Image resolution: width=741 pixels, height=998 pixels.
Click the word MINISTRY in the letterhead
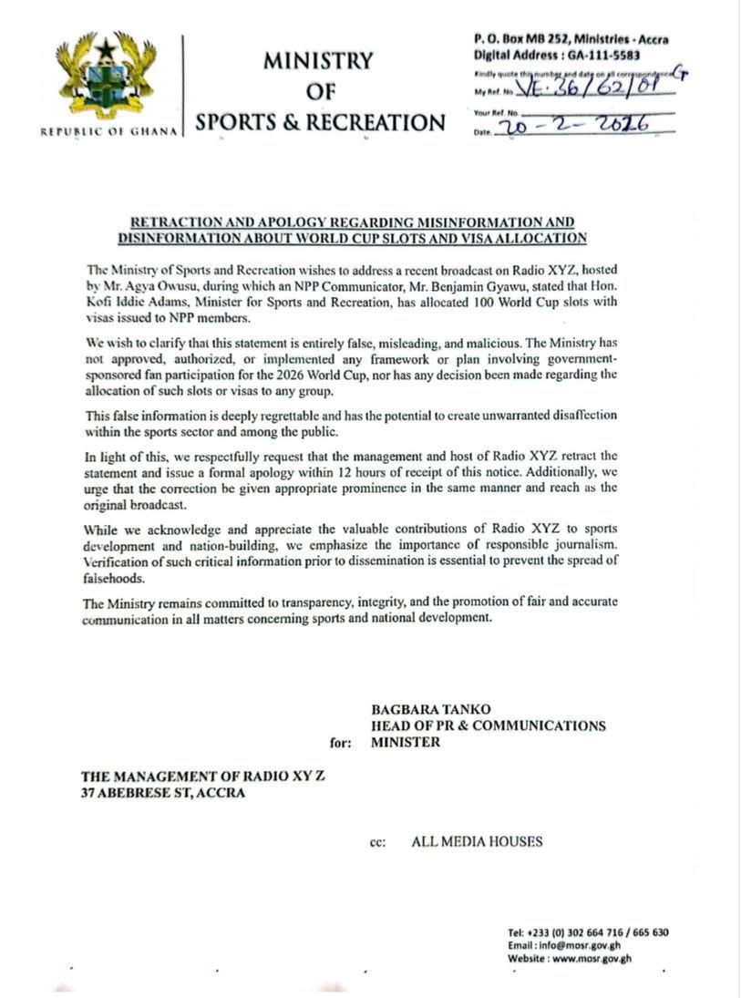pyautogui.click(x=318, y=62)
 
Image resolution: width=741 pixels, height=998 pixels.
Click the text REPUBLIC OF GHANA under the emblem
pyautogui.click(x=108, y=131)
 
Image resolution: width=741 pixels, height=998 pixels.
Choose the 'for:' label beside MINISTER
pyautogui.click(x=341, y=743)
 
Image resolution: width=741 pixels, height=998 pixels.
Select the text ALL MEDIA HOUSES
pyautogui.click(x=477, y=841)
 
